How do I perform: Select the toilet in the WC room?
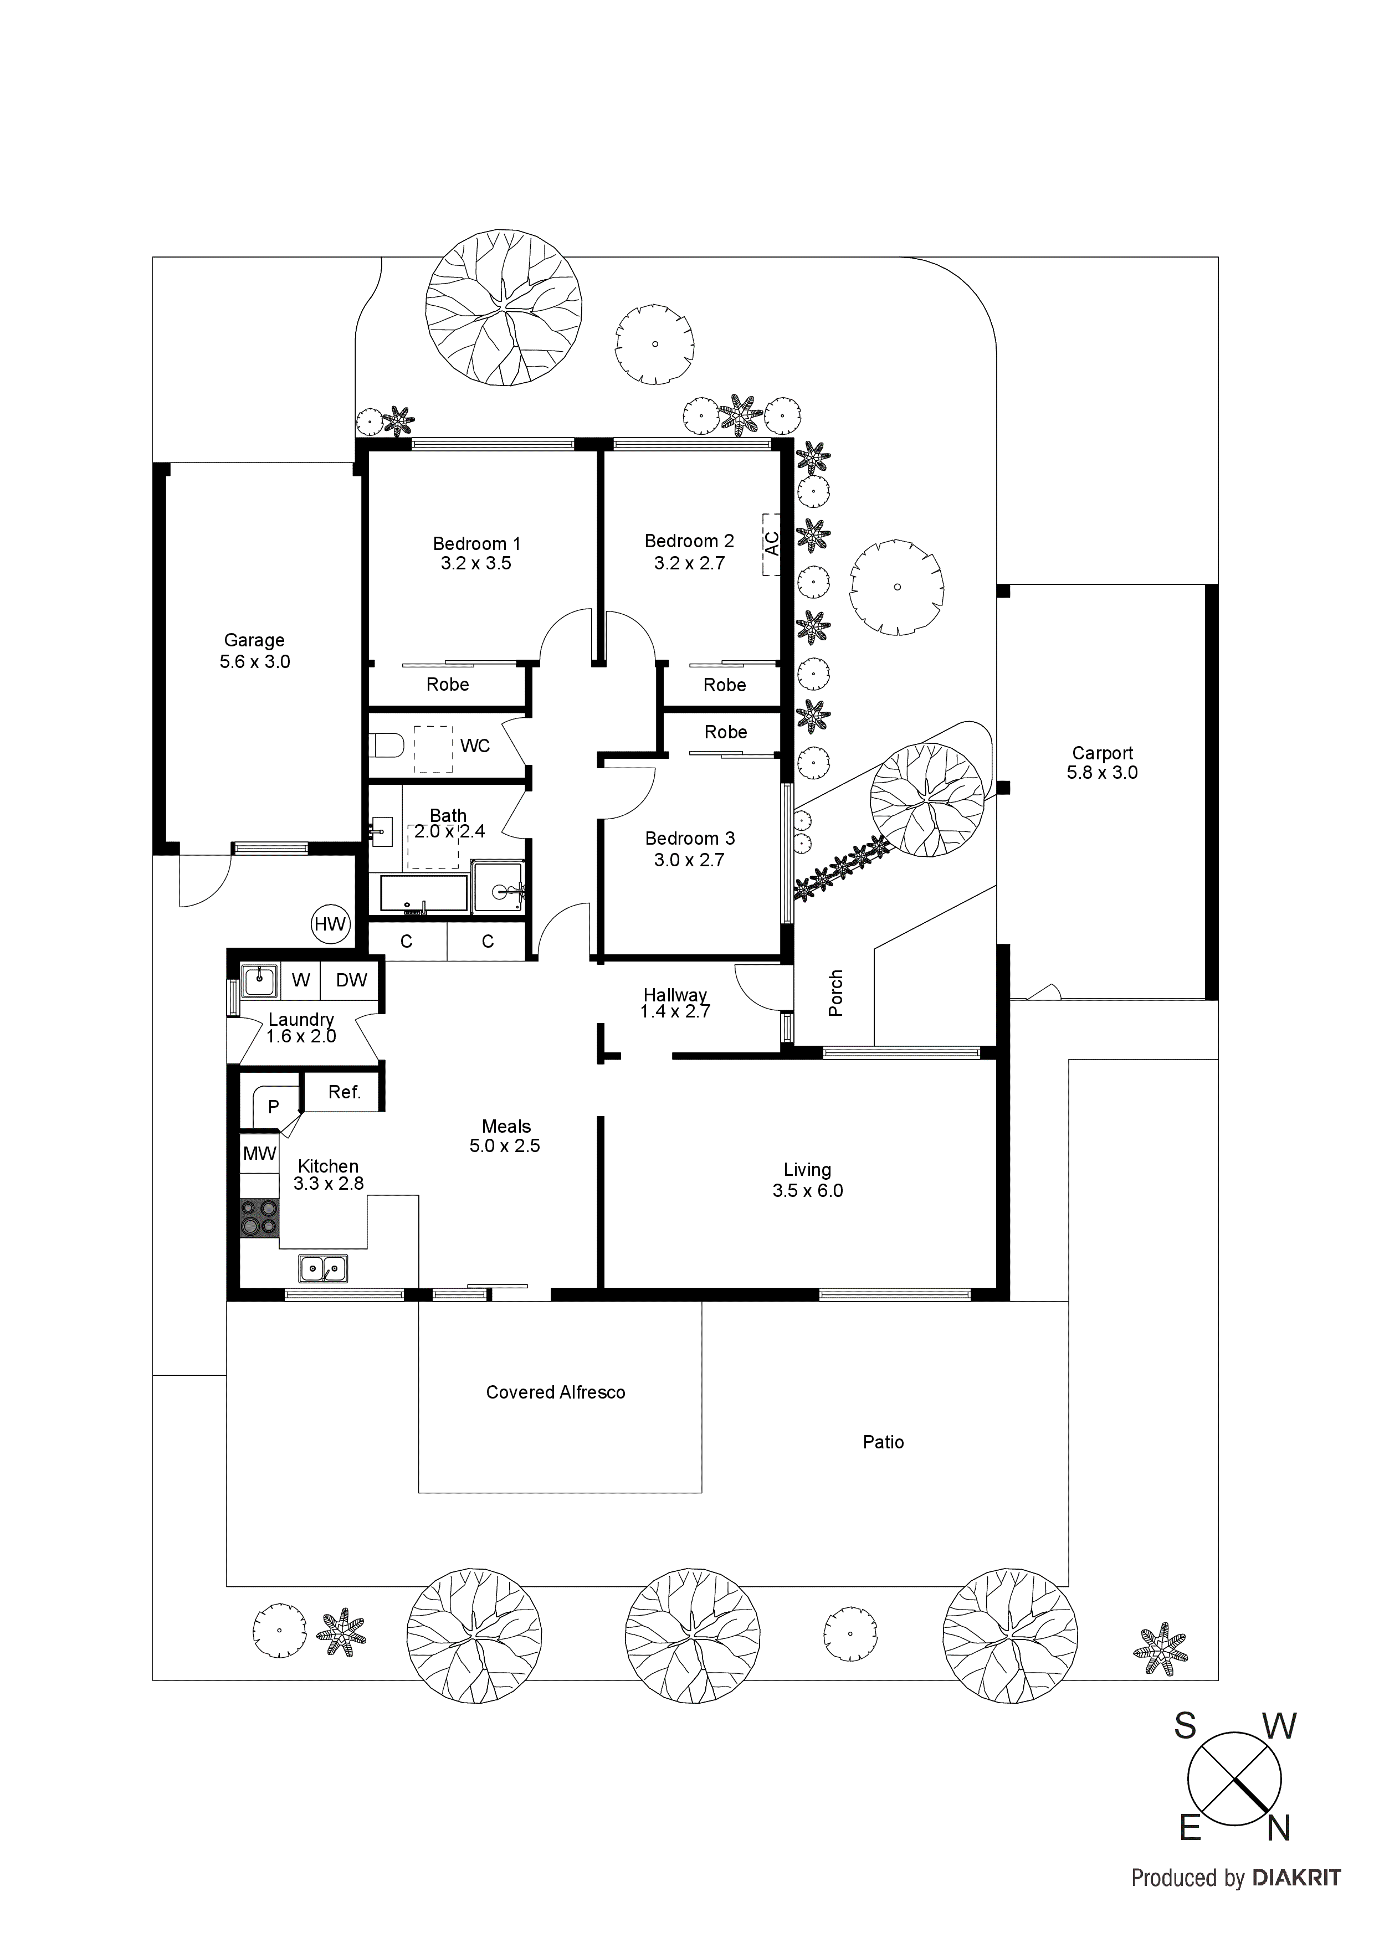(388, 746)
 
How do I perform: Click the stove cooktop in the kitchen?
(259, 1218)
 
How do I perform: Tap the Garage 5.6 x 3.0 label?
(254, 651)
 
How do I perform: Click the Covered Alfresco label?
(555, 1392)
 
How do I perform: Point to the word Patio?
(883, 1442)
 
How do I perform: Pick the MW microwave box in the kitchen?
(260, 1153)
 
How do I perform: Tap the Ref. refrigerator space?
(343, 1092)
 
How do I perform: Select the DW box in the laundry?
(351, 980)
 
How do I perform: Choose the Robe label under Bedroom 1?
(447, 685)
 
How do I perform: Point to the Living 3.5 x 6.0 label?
(807, 1180)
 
